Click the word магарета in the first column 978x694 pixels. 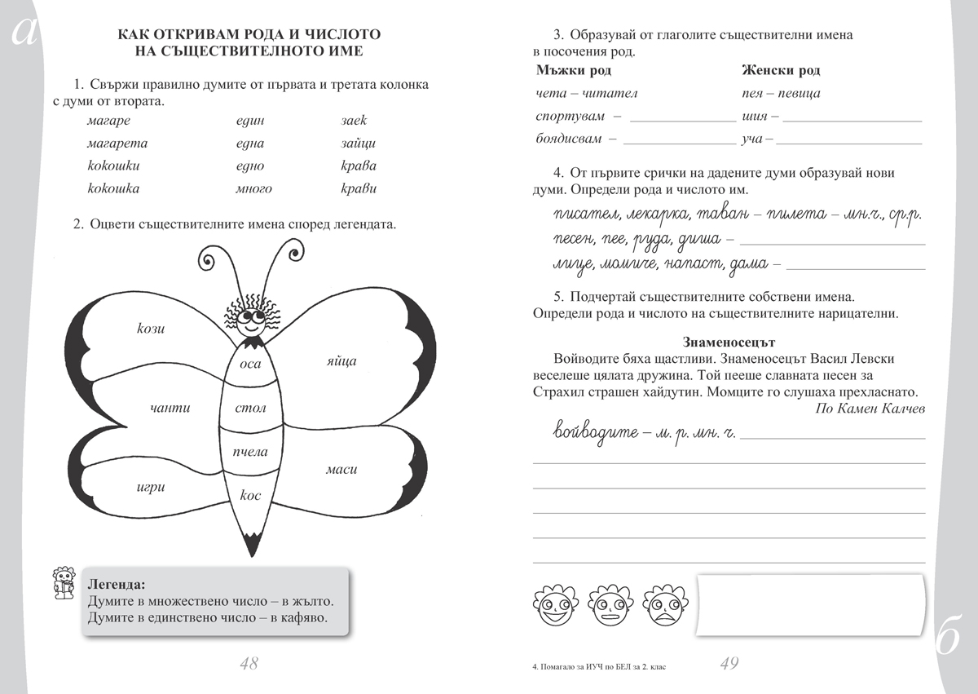click(x=117, y=144)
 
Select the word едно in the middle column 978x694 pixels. click(x=249, y=166)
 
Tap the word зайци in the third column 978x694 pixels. click(x=359, y=144)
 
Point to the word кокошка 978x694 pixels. click(x=113, y=189)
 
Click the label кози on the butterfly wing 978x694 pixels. click(x=152, y=329)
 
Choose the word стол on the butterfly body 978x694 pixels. click(x=250, y=408)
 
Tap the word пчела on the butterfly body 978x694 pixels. click(x=250, y=452)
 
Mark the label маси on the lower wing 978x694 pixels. click(x=341, y=470)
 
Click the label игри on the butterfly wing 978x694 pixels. click(x=151, y=488)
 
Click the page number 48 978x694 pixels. click(x=249, y=664)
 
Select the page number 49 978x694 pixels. click(x=729, y=664)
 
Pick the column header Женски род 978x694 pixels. click(x=781, y=71)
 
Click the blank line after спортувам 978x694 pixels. click(x=683, y=119)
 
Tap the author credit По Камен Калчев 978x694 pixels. click(x=870, y=409)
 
